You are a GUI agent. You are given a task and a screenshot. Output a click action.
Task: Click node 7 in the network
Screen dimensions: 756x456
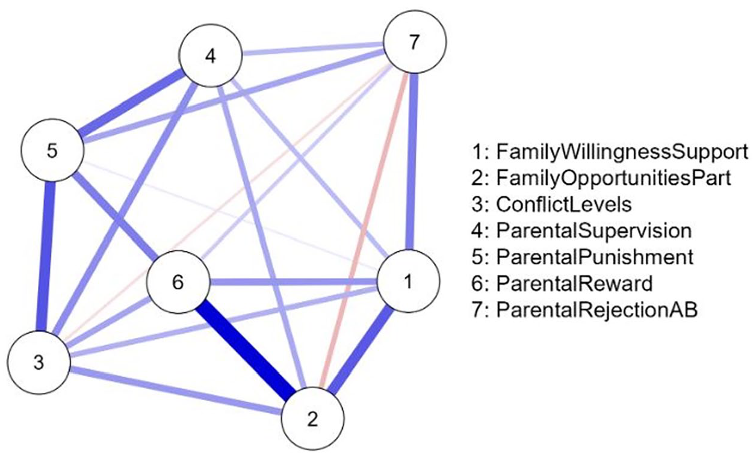tap(415, 42)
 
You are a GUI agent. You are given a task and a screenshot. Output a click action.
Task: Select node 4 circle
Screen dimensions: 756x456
tap(211, 56)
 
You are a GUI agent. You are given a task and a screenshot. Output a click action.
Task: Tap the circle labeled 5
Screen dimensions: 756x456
tap(52, 150)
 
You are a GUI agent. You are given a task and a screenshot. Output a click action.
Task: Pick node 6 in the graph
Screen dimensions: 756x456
tap(178, 282)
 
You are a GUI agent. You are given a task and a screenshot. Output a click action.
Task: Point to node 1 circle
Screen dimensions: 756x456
tap(408, 282)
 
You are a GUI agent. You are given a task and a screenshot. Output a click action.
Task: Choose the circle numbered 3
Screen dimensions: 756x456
tap(39, 363)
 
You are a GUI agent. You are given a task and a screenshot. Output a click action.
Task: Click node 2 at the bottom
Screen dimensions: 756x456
tap(312, 419)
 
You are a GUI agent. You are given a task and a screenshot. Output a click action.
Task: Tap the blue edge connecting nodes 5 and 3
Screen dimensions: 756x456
tap(46, 256)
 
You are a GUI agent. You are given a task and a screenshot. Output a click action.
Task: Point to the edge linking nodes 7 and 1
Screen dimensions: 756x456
tap(412, 162)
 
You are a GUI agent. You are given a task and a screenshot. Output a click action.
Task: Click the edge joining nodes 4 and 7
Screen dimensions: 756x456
tap(312, 49)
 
